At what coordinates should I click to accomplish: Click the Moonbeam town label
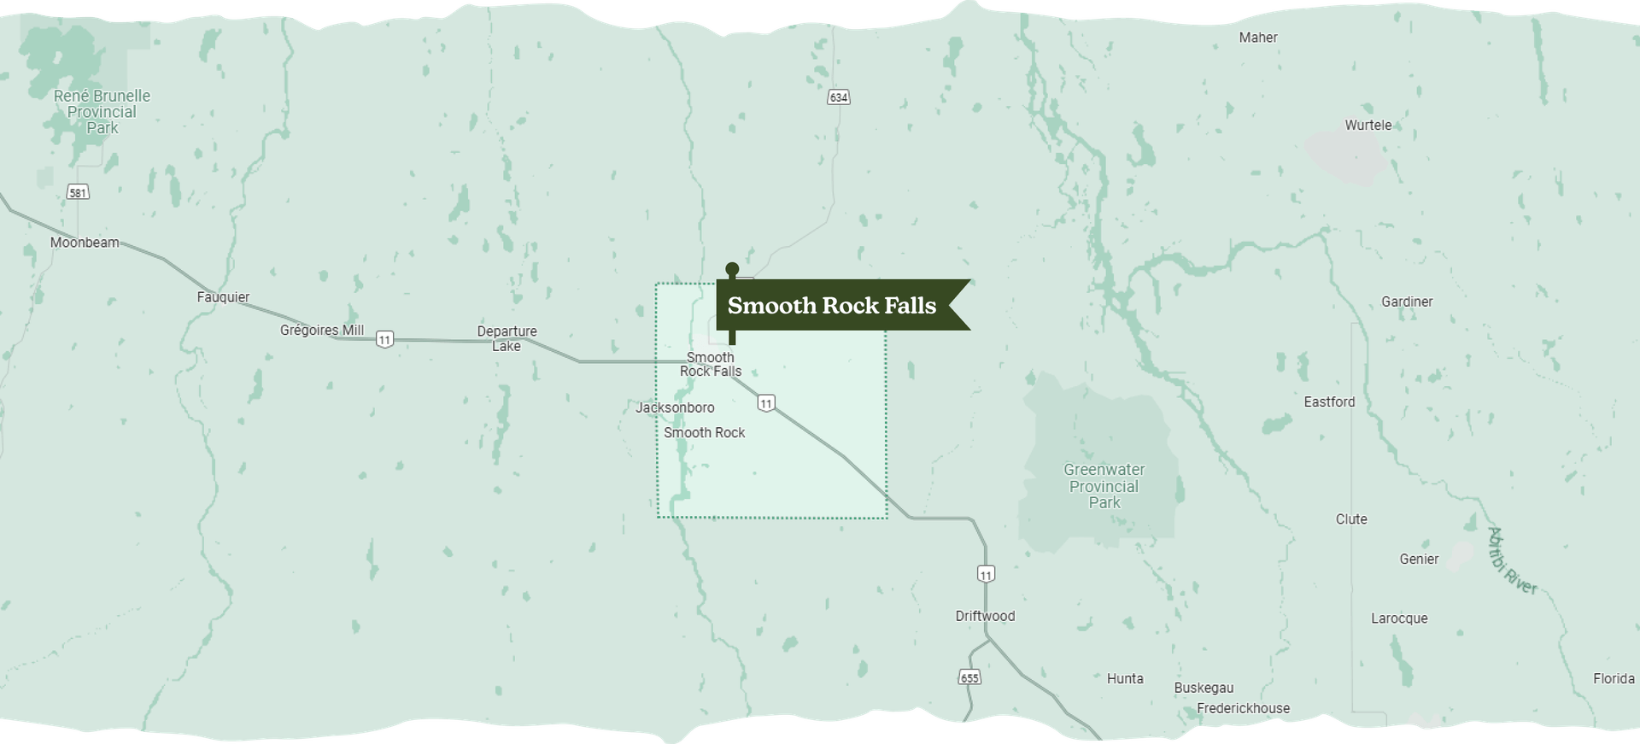(85, 243)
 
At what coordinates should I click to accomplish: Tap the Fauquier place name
(223, 297)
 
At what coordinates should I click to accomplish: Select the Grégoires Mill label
(322, 331)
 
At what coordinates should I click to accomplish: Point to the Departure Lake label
(507, 338)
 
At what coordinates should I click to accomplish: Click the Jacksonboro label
(675, 407)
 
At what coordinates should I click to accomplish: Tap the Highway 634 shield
(839, 97)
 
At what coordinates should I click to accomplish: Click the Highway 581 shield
(78, 192)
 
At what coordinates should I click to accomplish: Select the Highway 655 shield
(969, 677)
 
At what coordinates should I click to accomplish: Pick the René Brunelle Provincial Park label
(102, 112)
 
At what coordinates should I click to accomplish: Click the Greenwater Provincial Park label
(1104, 486)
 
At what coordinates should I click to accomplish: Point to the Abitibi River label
(1512, 561)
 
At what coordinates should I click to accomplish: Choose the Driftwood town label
(985, 616)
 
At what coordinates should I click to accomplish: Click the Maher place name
(1258, 38)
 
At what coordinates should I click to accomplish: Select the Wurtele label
(1368, 125)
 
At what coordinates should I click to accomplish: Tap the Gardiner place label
(1407, 302)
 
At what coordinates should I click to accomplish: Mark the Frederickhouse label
(1243, 708)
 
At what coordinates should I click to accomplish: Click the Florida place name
(1614, 678)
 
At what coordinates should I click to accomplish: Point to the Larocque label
(1399, 618)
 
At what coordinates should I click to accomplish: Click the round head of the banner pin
(732, 270)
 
